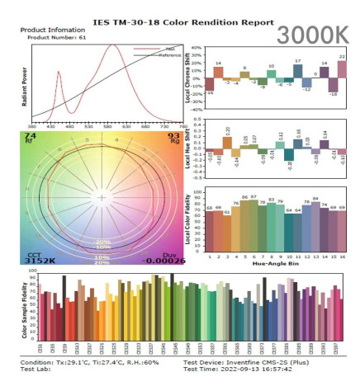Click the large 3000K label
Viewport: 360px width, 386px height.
(315, 35)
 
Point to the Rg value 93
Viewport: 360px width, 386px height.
(174, 134)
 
